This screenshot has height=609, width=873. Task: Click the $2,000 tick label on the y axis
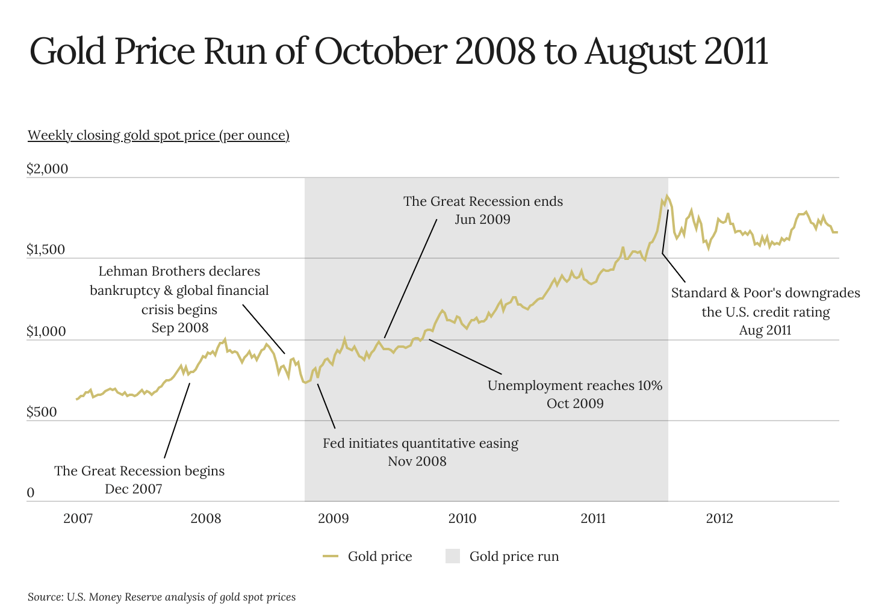point(47,169)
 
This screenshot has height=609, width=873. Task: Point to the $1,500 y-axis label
point(45,250)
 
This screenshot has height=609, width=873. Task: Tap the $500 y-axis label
point(41,412)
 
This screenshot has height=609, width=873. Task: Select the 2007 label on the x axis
point(78,519)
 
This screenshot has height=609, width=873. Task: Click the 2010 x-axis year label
point(462,519)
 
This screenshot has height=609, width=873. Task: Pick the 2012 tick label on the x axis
point(719,519)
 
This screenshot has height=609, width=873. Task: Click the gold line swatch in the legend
point(331,556)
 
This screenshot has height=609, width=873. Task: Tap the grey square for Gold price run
point(453,556)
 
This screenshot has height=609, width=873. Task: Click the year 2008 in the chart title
point(495,52)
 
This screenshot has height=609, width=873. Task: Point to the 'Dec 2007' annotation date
point(134,489)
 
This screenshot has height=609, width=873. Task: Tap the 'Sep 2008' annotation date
point(179,328)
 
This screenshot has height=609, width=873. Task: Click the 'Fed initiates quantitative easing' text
point(420,444)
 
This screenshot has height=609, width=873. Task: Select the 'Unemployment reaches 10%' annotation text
point(574,385)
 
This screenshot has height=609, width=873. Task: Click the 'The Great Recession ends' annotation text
point(483,201)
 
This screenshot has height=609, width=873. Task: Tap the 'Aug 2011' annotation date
point(765,330)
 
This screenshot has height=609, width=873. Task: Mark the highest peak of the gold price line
point(666,196)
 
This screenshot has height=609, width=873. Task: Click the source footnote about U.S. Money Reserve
point(161,597)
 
